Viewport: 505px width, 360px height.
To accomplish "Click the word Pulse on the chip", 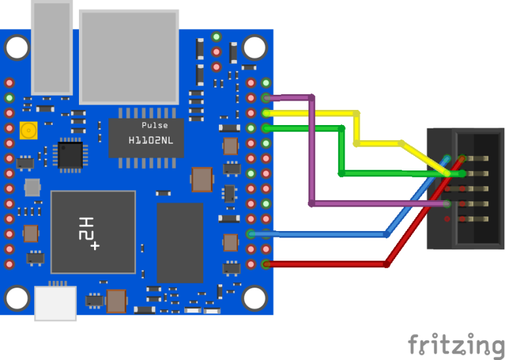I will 155,125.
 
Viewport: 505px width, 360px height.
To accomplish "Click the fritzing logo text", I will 456,344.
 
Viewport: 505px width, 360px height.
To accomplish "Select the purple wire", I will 310,151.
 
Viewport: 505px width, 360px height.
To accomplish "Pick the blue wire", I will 322,234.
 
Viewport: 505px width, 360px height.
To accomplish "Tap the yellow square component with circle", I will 28,131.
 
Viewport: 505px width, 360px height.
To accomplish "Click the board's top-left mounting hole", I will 18,47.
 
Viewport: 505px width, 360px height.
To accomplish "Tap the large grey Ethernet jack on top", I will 129,56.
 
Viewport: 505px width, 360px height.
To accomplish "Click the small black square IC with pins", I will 70,156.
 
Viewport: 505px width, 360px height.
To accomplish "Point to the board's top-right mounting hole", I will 252,47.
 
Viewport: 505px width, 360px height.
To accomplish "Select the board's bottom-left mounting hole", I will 18,298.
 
